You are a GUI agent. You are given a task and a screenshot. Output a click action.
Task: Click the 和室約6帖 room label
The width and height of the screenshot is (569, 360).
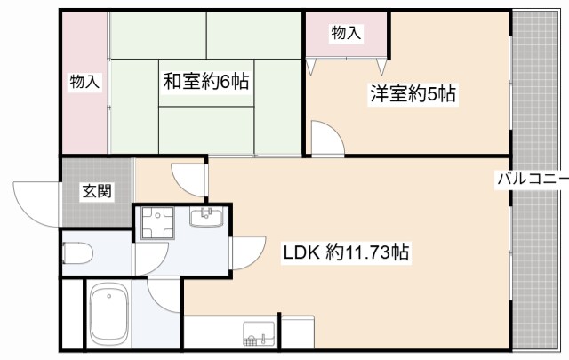click(204, 81)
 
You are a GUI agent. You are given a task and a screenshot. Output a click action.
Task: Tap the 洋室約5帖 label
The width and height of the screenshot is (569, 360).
click(413, 94)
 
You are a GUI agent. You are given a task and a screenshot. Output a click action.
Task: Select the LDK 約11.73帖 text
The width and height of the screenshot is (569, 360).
click(346, 252)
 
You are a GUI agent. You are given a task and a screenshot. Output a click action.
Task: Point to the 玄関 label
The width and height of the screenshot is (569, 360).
click(97, 190)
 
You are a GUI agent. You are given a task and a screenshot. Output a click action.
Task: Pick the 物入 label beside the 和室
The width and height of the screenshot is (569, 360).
click(85, 82)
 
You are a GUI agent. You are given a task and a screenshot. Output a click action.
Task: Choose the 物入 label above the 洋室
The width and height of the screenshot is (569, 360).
click(346, 33)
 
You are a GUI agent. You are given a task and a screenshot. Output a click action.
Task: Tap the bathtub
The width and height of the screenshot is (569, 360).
click(110, 316)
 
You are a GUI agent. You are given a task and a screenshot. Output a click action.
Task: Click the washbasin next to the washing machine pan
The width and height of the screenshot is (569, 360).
click(210, 217)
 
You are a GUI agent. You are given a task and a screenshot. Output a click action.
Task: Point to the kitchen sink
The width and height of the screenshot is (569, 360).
click(259, 336)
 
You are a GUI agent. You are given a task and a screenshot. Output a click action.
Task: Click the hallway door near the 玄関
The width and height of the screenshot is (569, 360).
click(190, 178)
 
